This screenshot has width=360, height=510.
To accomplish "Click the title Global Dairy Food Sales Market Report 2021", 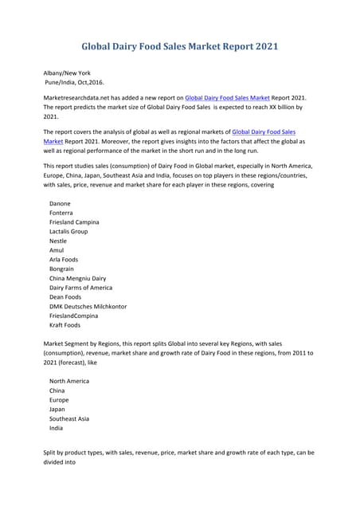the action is tap(180, 46).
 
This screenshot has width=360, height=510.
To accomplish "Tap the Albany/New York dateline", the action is tap(67, 73).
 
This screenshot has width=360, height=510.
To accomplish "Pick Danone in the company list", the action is tap(60, 204).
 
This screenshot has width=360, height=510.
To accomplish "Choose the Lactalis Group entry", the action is tap(68, 232).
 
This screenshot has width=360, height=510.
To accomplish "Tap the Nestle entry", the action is tap(58, 241).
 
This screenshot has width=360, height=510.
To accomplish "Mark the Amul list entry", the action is tap(57, 250).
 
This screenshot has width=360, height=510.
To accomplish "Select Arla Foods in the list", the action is tap(64, 260).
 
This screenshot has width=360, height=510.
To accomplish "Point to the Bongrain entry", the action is tap(63, 269).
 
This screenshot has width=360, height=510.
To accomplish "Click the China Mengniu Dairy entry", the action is tap(77, 278).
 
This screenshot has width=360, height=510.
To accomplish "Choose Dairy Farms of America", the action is tap(80, 288).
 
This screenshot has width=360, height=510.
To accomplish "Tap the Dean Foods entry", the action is tap(65, 297).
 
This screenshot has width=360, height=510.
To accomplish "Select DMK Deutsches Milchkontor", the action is tap(88, 307).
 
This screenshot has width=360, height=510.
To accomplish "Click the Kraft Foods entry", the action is tap(65, 325).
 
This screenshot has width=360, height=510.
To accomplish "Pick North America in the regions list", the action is tap(69, 381).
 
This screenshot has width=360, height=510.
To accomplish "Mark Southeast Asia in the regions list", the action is tap(69, 418).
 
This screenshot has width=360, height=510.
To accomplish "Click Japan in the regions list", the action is tap(58, 409).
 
